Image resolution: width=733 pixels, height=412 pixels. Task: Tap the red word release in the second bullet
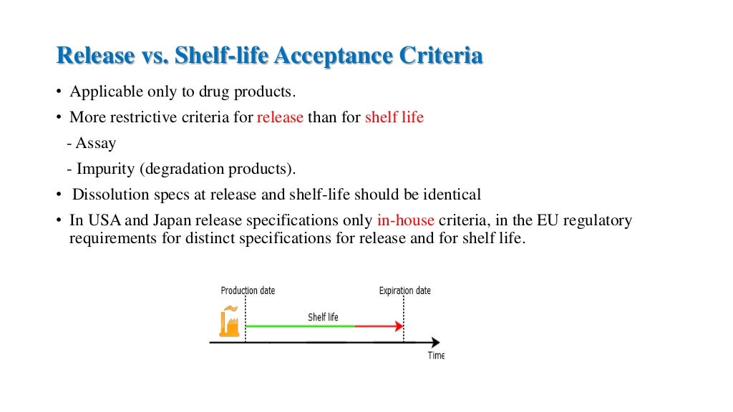pyautogui.click(x=280, y=117)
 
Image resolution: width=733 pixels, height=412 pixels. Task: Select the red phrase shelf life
pyautogui.click(x=394, y=117)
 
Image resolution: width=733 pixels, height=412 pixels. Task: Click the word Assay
pyautogui.click(x=96, y=143)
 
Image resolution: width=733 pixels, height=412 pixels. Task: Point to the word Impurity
pyautogui.click(x=106, y=169)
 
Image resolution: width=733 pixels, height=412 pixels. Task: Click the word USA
pyautogui.click(x=103, y=220)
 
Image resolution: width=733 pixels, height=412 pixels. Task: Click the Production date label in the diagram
pyautogui.click(x=248, y=291)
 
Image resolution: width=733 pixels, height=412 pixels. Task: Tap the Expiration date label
pyautogui.click(x=404, y=291)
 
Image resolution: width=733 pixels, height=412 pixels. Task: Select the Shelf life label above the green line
pyautogui.click(x=323, y=317)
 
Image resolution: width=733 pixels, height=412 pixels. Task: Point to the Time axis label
pyautogui.click(x=436, y=355)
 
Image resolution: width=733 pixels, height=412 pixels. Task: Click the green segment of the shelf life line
pyautogui.click(x=301, y=326)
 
